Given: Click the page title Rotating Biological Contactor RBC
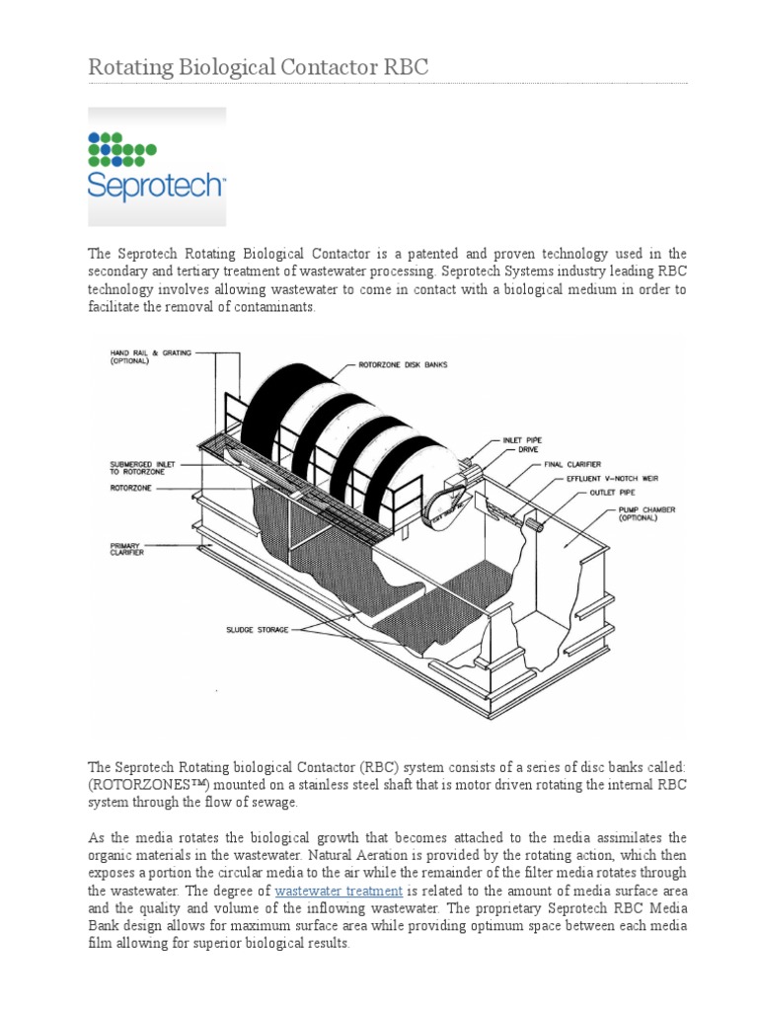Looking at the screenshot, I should point(259,66).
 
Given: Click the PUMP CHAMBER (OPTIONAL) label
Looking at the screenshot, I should point(646,513).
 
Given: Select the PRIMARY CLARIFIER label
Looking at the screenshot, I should point(127,549).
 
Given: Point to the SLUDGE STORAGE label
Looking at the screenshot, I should point(256,629).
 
